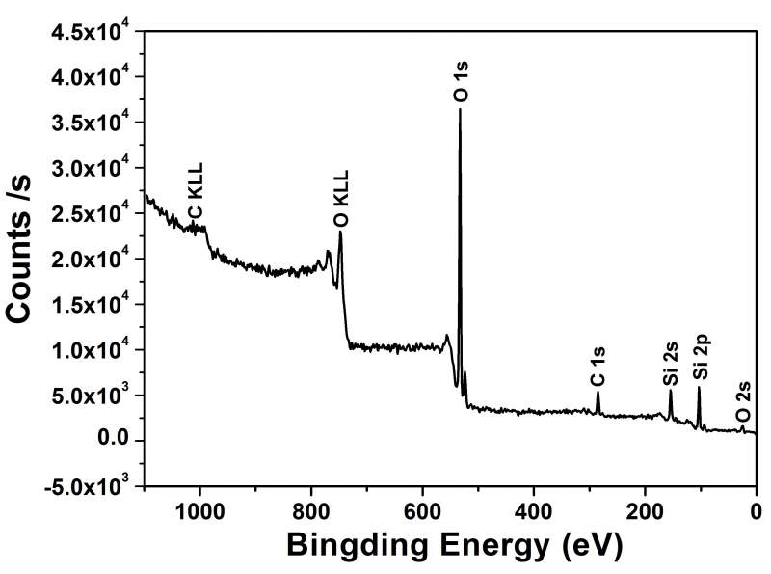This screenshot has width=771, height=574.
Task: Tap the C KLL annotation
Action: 196,194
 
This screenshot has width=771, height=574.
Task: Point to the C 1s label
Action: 598,367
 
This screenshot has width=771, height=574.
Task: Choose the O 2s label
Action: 742,403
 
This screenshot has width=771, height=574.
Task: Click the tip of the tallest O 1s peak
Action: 460,109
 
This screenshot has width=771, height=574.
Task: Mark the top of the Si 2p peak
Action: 699,388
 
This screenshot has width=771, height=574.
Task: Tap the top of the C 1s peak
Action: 598,392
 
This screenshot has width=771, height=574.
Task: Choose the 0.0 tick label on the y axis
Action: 116,441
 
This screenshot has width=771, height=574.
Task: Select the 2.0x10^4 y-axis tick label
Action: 90,259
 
